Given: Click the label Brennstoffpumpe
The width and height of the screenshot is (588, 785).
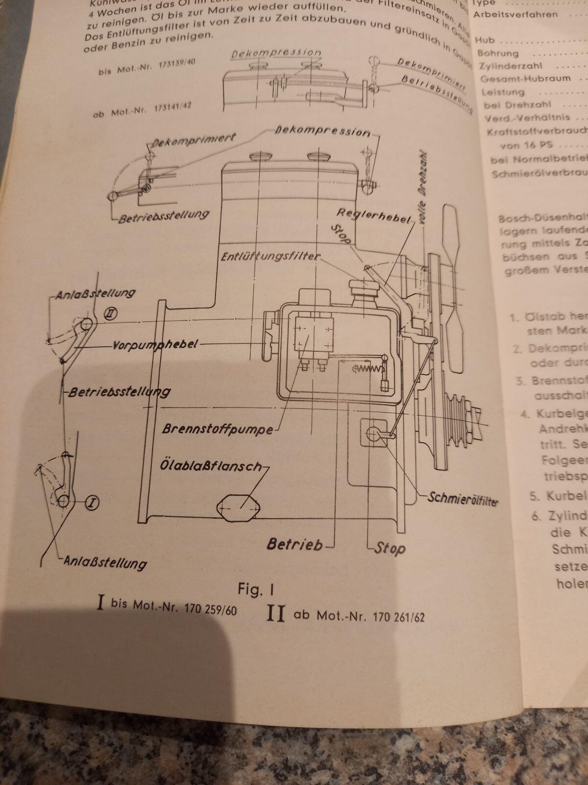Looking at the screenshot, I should coord(217,428).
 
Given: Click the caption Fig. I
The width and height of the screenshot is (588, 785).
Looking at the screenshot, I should coord(256,589).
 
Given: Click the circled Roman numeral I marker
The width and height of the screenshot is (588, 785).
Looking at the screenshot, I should coord(92,502).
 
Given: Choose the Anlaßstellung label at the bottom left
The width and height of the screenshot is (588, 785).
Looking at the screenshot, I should coord(105,562).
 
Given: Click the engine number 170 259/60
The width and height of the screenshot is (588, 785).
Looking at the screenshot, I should coord(210,609).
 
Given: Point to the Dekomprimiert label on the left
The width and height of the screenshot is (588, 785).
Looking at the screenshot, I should coord(194,139).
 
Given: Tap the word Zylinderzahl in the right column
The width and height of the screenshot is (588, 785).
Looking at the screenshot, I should coord(510,66).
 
